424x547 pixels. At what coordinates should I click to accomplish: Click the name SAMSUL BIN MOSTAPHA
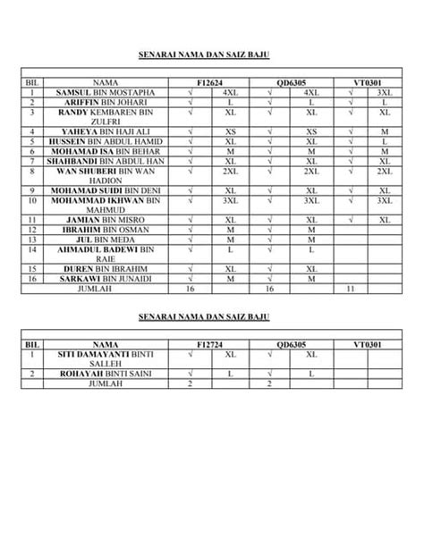click(x=106, y=92)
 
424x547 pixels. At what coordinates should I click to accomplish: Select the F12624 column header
click(x=212, y=82)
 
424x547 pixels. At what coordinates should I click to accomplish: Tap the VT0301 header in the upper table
click(x=369, y=82)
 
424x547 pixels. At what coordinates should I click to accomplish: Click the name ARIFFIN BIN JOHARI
click(x=106, y=102)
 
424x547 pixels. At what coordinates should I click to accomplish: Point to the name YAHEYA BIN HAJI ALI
click(x=106, y=131)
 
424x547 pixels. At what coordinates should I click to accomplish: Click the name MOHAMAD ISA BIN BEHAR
click(x=106, y=151)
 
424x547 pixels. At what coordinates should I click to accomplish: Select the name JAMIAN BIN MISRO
click(x=106, y=219)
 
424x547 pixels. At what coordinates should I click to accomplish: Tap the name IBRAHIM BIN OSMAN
click(x=106, y=229)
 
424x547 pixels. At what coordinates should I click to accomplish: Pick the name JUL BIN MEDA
click(x=106, y=239)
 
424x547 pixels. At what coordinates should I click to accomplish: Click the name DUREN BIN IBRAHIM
click(x=106, y=268)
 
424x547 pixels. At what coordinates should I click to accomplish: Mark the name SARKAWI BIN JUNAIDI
click(x=106, y=278)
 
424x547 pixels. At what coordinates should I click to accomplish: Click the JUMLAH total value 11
click(x=350, y=289)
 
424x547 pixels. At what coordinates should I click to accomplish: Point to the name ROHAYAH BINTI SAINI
click(x=106, y=374)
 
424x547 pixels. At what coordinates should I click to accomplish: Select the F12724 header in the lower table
click(x=212, y=344)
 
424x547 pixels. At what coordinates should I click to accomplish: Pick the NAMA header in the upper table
click(x=106, y=82)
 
